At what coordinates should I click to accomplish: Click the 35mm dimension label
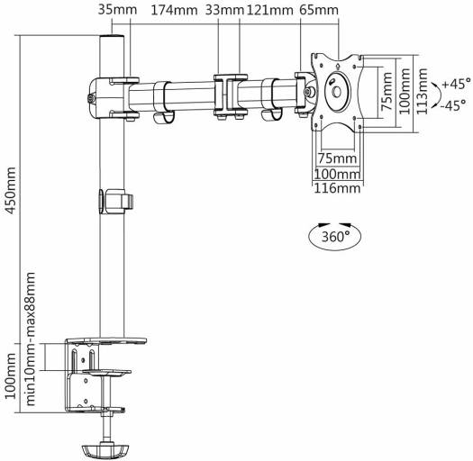117,10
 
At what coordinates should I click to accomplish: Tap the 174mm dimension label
174,10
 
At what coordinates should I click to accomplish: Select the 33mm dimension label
224,10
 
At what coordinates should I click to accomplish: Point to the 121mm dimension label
270,10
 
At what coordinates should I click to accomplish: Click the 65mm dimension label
319,10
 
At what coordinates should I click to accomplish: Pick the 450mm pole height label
11,191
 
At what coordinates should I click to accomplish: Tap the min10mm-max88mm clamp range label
31,339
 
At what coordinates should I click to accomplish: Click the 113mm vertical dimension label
423,91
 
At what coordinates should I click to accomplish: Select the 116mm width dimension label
337,188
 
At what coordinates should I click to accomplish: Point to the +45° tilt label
457,84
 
